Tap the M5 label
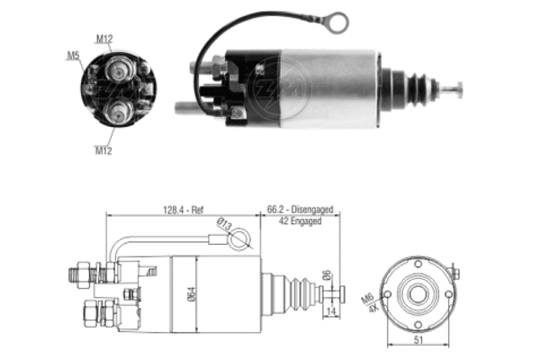coord(72,56)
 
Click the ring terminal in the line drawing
coord(240,240)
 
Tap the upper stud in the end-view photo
coord(118,68)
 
